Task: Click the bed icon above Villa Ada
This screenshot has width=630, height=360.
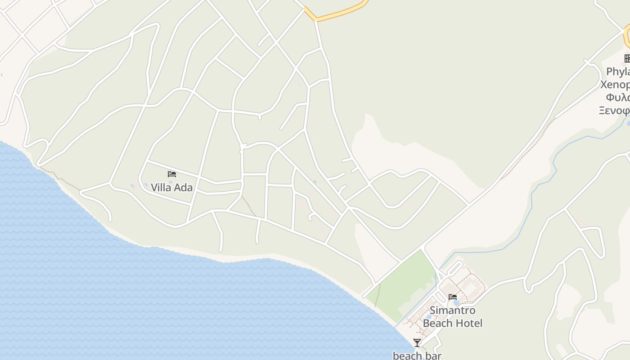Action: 171,174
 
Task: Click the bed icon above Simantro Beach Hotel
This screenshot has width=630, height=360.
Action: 453,297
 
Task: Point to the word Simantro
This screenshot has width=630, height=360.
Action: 452,310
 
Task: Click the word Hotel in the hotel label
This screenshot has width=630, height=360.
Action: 468,323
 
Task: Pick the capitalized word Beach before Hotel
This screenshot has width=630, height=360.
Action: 437,323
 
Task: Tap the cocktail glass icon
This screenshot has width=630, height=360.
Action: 417,343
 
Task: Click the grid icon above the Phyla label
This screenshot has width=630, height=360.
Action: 627,58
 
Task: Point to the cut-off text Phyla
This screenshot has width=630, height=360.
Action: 617,72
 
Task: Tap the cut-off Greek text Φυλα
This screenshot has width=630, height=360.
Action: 618,98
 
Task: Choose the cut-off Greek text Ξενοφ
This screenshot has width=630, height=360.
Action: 614,110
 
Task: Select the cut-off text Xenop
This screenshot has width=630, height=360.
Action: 615,85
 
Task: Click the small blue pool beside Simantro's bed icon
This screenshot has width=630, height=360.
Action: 456,303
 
